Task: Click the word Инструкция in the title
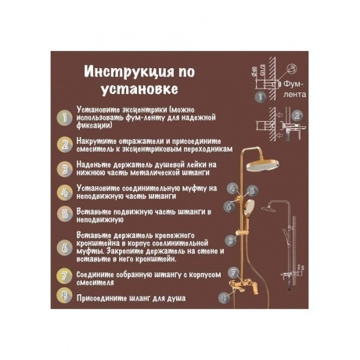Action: coord(128,71)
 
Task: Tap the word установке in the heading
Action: coord(139,89)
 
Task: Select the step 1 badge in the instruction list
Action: coord(64,118)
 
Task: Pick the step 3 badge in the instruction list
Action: coord(64,169)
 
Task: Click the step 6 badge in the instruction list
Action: coord(64,247)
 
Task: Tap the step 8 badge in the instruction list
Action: coord(64,296)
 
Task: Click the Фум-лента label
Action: coord(294,89)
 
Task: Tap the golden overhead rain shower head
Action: coord(263,165)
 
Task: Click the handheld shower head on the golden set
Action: coord(249,206)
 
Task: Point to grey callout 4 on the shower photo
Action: coord(232,188)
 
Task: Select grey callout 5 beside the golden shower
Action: coord(252,190)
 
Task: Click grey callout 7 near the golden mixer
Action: coord(233,272)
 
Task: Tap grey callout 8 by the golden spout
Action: coord(224,297)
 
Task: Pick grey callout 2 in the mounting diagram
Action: coord(297,115)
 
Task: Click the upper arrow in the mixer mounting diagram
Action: coord(280,114)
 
